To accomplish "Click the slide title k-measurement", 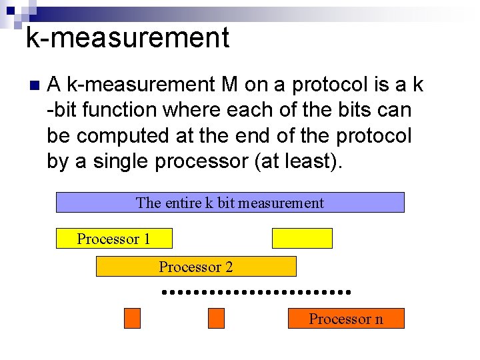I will tap(127, 38).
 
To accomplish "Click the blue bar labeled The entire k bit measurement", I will tap(230, 202).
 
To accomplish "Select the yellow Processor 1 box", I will tap(114, 239).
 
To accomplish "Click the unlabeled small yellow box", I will tap(302, 238).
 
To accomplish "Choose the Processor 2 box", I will tap(196, 267).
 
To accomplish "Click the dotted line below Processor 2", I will tap(256, 292).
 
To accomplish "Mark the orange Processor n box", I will tap(346, 319).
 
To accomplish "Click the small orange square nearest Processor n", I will tap(217, 319).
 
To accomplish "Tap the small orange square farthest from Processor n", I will tap(133, 319).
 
